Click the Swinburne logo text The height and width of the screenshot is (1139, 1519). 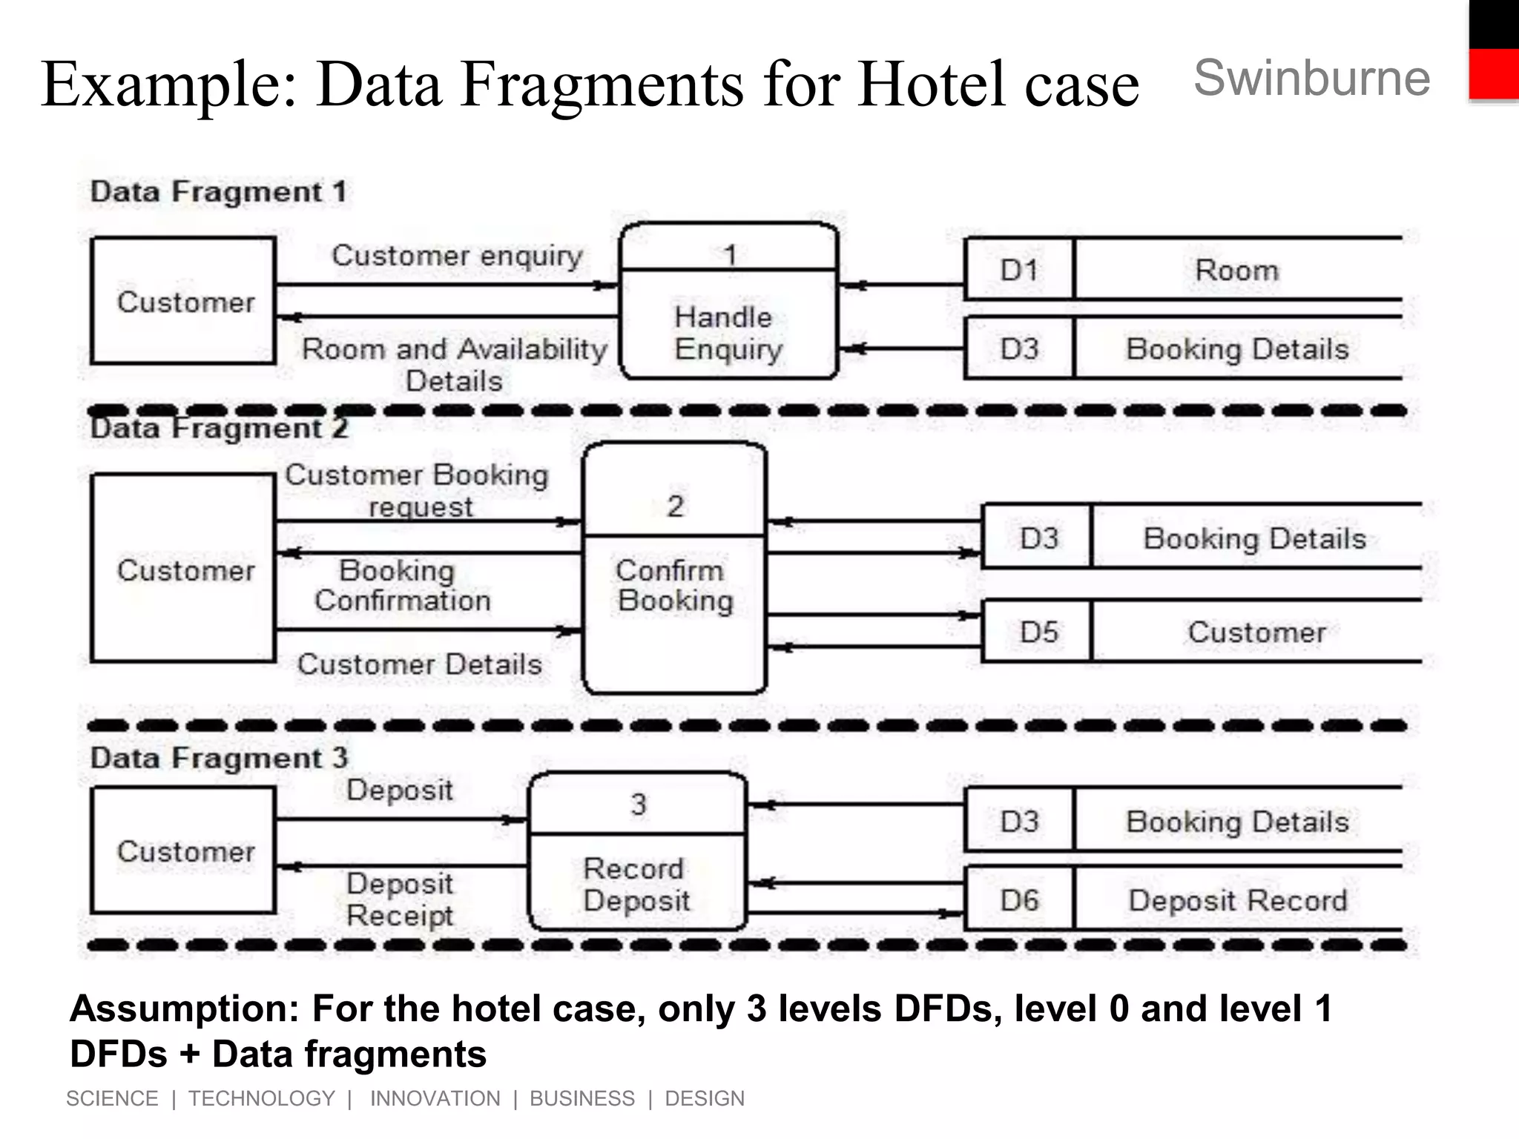click(x=1311, y=79)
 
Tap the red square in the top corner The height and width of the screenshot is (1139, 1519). click(x=1494, y=73)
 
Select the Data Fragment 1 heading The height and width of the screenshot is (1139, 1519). click(x=219, y=192)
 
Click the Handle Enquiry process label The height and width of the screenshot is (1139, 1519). click(x=728, y=333)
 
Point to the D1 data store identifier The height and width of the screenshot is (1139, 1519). click(x=1019, y=270)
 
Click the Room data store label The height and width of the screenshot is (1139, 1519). click(x=1236, y=270)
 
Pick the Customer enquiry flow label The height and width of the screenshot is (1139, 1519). click(x=457, y=256)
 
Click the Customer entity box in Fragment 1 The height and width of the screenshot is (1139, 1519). click(x=184, y=301)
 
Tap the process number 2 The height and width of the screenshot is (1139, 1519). click(x=675, y=506)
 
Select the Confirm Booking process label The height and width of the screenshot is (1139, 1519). click(x=673, y=586)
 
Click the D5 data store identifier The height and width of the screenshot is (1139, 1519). click(x=1038, y=633)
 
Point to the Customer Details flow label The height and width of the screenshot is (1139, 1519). click(x=420, y=664)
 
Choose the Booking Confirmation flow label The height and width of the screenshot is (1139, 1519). click(x=401, y=586)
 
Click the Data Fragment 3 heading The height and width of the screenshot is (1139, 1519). click(x=219, y=758)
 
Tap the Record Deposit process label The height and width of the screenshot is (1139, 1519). click(x=636, y=885)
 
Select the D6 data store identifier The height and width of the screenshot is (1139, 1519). click(x=1019, y=900)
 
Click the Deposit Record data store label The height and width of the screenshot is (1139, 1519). click(x=1237, y=900)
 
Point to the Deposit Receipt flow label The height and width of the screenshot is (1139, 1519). click(x=400, y=899)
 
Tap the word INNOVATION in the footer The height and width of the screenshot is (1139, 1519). click(x=435, y=1098)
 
